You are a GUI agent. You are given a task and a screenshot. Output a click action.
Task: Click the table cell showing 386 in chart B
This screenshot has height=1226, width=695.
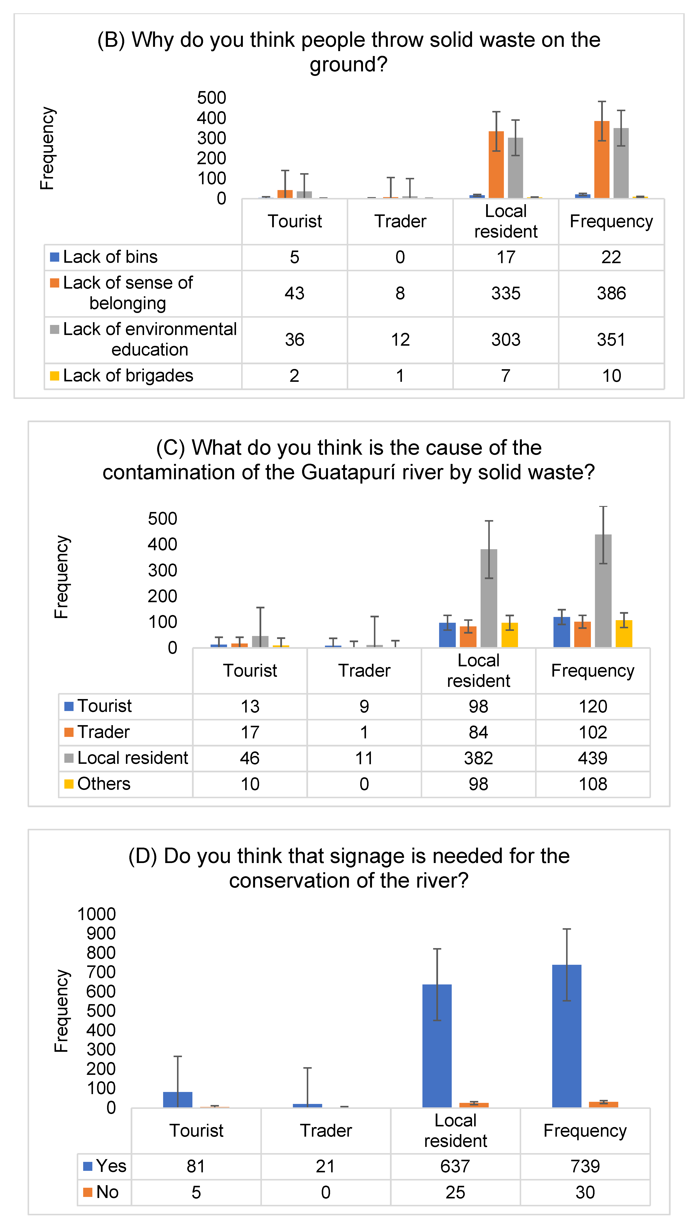point(611,293)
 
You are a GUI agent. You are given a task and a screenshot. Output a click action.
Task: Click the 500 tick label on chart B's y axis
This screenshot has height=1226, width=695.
point(211,98)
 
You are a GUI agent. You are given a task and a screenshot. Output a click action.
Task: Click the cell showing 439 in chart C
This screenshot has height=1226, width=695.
point(592,758)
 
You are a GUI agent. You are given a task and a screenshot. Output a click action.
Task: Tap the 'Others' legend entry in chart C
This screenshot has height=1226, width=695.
point(104,784)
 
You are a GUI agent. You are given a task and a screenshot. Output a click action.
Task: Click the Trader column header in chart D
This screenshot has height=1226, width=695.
point(326,1131)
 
